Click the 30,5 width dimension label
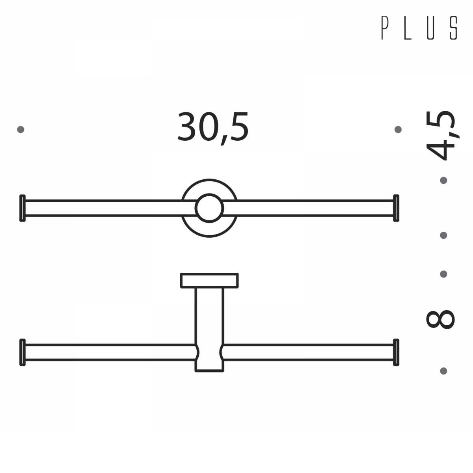pyautogui.click(x=213, y=127)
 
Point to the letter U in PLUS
pyautogui.click(x=430, y=28)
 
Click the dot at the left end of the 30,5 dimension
pyautogui.click(x=21, y=129)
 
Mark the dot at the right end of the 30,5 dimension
pyautogui.click(x=398, y=129)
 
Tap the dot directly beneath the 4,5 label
pyautogui.click(x=443, y=181)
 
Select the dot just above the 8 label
pyautogui.click(x=443, y=274)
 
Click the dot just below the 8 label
pyautogui.click(x=443, y=371)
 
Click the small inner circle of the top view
pyautogui.click(x=209, y=208)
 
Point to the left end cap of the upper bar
pyautogui.click(x=22, y=208)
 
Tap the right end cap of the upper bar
pyautogui.click(x=396, y=208)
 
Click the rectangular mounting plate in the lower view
pyautogui.click(x=209, y=280)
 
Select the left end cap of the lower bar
pyautogui.click(x=22, y=352)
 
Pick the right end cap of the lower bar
pyautogui.click(x=396, y=352)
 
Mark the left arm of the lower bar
pyautogui.click(x=110, y=352)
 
